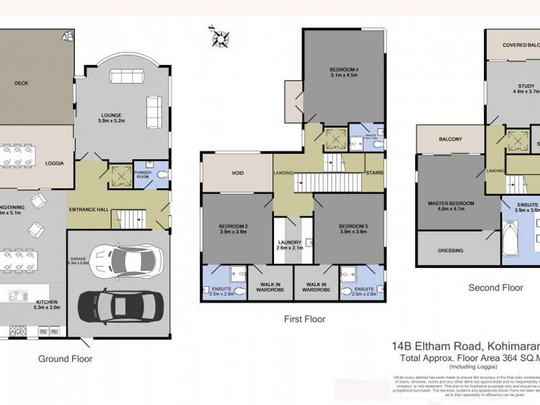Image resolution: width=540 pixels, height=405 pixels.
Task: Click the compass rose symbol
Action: point(218,36)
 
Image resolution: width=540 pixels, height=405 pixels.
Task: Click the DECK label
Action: point(22,83)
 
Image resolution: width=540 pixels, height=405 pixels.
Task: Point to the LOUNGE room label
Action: point(111,115)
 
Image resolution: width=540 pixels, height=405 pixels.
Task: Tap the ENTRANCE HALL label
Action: point(88,209)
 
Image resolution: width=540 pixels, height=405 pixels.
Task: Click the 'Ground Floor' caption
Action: point(65,358)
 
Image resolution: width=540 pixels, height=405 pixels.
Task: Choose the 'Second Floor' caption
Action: point(495,288)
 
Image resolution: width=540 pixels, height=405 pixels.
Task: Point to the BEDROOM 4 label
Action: point(344,69)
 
